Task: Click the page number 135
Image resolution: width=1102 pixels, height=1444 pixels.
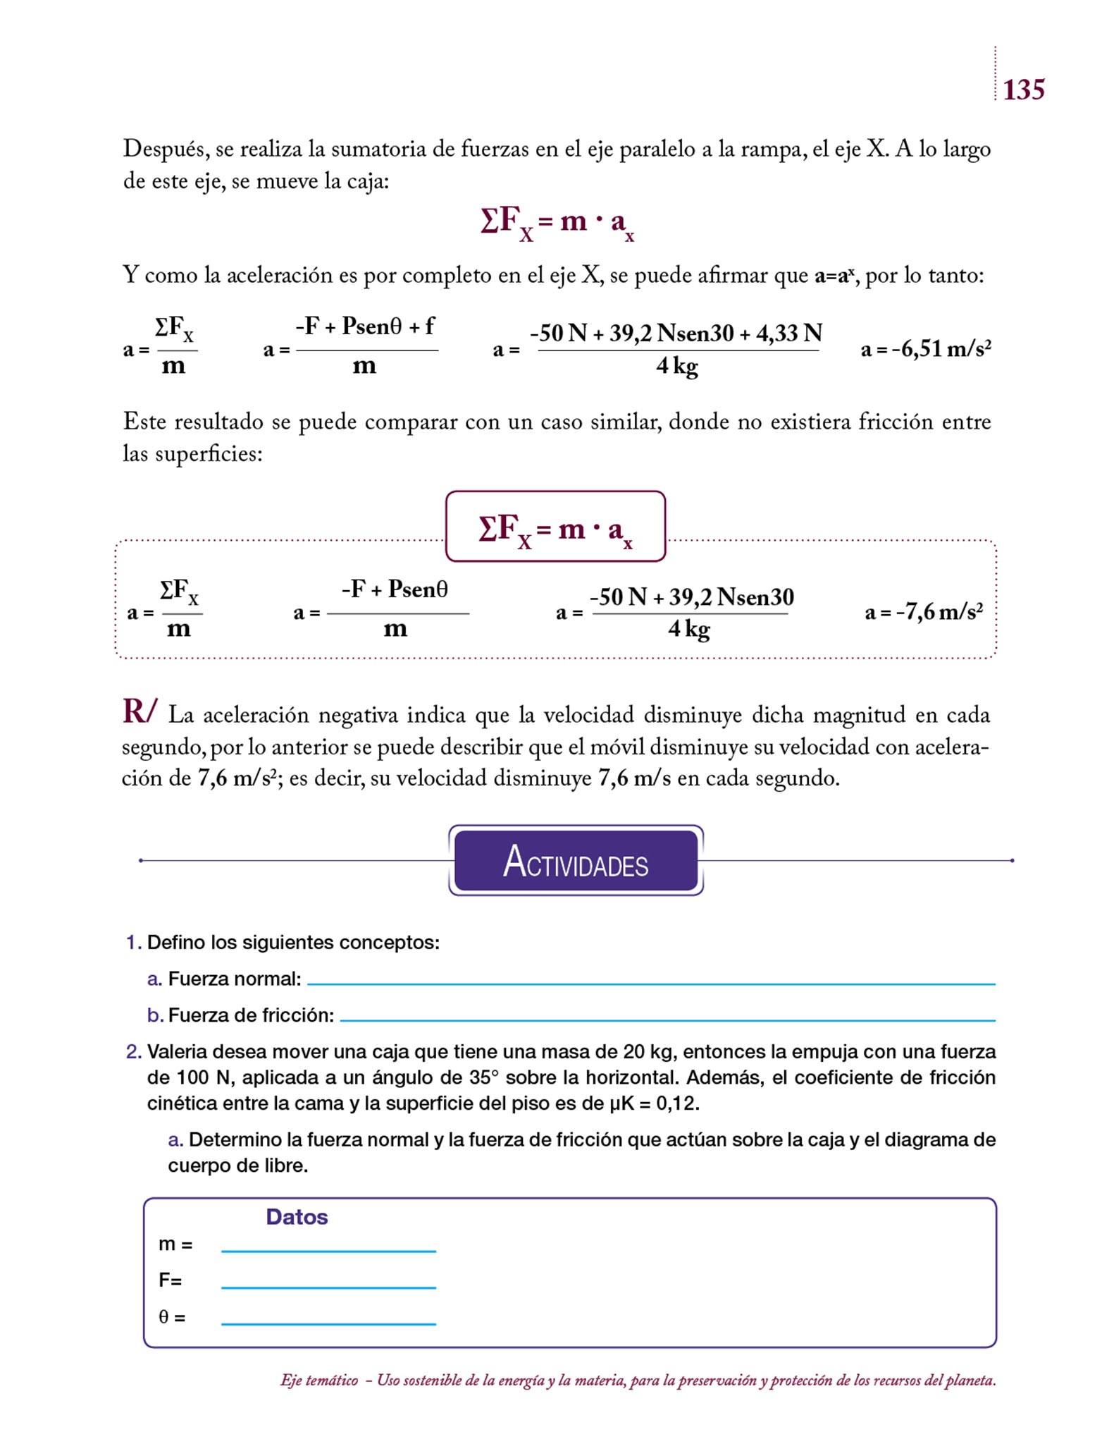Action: (1023, 90)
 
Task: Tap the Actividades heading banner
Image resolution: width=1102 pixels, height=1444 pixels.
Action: (576, 861)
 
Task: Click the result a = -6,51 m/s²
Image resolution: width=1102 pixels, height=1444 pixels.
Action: (926, 348)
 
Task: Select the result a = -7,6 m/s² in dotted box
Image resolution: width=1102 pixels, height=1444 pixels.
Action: (923, 611)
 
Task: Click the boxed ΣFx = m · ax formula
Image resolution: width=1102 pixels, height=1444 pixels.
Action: (555, 527)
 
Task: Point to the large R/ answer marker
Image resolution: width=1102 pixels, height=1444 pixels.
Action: (140, 711)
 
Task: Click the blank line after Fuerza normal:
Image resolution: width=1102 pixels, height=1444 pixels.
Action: (651, 983)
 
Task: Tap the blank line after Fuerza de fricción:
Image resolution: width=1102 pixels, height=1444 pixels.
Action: (667, 1020)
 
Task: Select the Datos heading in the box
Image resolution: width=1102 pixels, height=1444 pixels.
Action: (297, 1217)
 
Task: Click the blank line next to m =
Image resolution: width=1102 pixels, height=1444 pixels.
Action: (328, 1251)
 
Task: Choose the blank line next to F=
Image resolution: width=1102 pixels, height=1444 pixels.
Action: (328, 1287)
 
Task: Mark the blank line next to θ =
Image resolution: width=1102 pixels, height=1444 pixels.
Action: (328, 1324)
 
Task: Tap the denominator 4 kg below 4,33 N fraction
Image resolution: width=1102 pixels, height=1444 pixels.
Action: (676, 367)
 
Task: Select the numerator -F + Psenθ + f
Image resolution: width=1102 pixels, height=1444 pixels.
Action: (365, 326)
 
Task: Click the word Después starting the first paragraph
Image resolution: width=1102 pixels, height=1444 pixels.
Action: (166, 149)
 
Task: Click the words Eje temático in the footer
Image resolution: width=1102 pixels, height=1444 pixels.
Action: (319, 1381)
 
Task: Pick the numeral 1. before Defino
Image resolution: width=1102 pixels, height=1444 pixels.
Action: (133, 943)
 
